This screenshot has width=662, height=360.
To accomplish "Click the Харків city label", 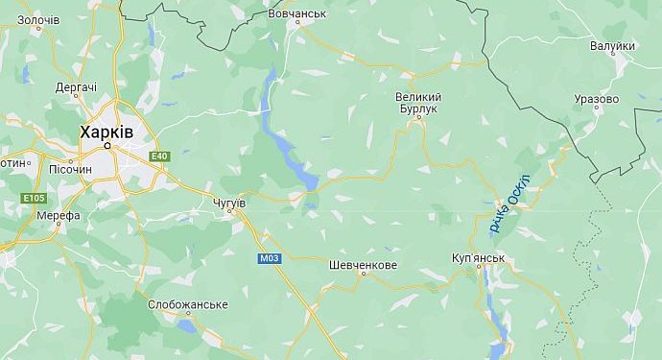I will tap(106, 131).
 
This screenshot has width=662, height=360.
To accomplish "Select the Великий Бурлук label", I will tap(418, 104).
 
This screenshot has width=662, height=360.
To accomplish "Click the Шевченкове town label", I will tap(362, 264).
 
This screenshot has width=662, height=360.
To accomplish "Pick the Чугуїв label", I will tap(226, 204).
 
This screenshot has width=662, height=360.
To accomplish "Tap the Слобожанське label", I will tap(188, 304).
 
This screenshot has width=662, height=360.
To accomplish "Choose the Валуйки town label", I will tap(612, 45).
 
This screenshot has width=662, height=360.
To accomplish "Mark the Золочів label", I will tap(38, 19).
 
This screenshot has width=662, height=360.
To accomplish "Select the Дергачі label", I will tap(76, 87).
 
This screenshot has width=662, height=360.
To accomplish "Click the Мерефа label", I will tap(59, 215).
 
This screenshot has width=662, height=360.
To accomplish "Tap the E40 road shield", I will tap(158, 156).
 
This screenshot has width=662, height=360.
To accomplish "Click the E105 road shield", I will tap(34, 198).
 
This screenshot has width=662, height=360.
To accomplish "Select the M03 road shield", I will tap(269, 258).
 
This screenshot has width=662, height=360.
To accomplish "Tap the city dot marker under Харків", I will tap(107, 146).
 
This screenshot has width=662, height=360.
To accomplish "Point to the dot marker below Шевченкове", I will tap(362, 275).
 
